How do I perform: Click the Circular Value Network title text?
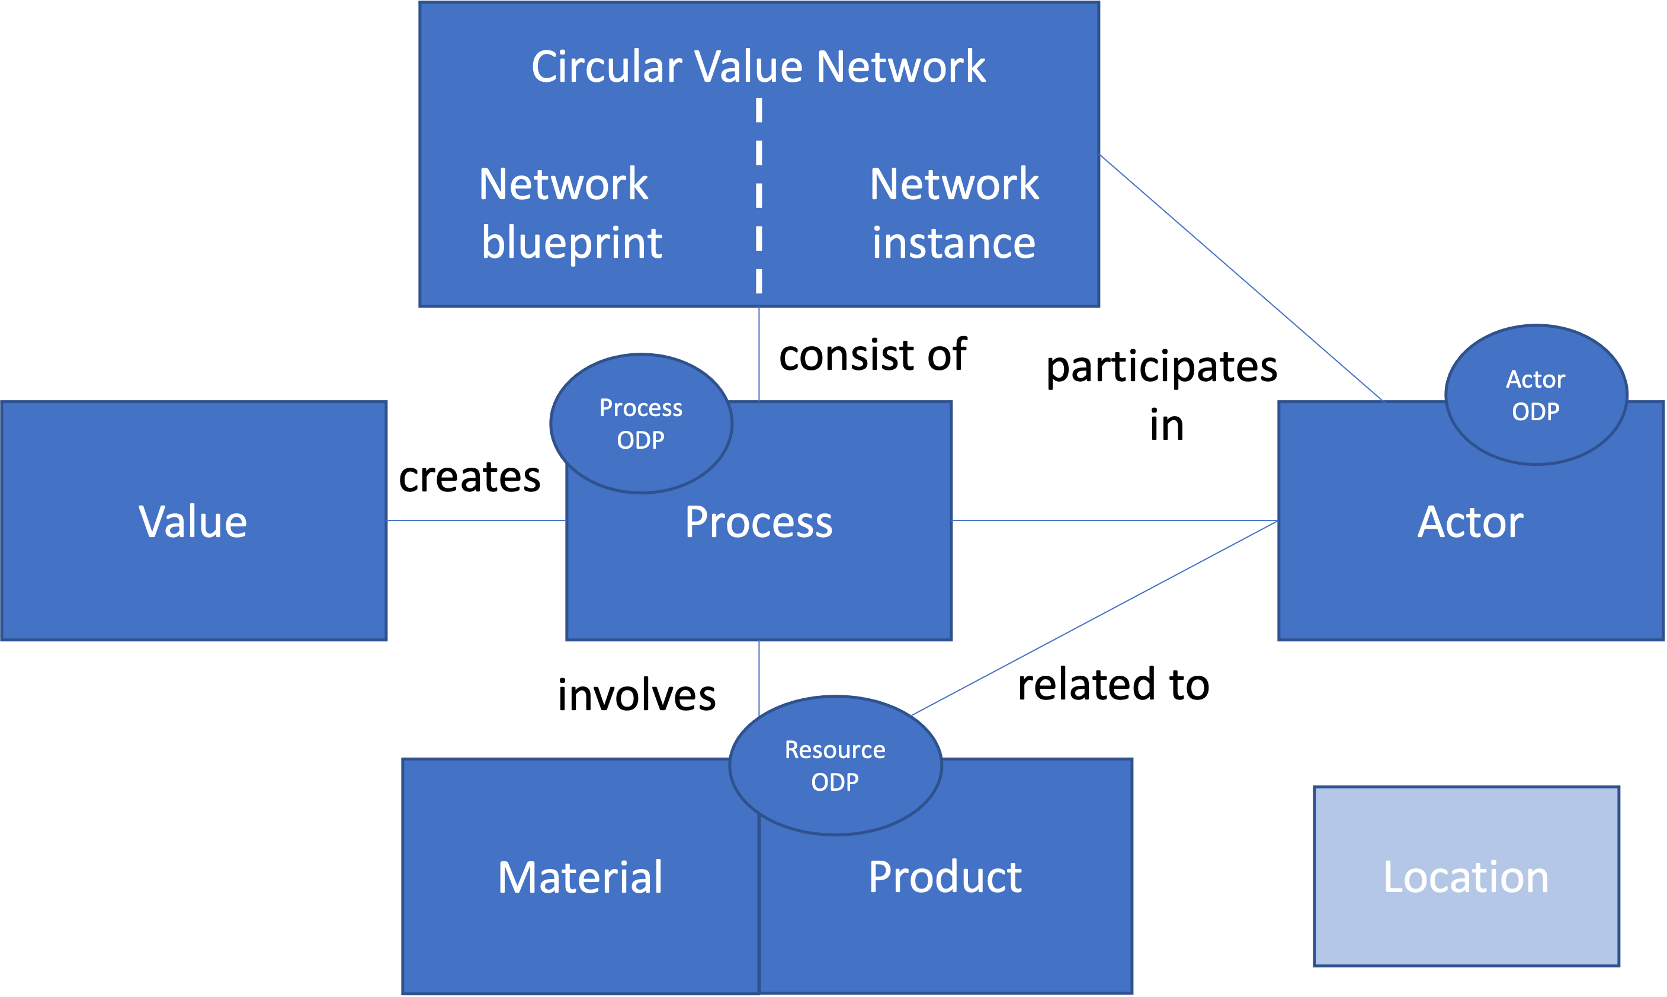[x=759, y=66]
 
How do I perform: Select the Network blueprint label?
[x=571, y=213]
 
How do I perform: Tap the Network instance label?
[x=954, y=213]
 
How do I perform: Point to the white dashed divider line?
[x=759, y=196]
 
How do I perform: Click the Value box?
[x=194, y=520]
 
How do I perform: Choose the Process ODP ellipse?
[x=641, y=423]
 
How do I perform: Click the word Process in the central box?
[x=759, y=522]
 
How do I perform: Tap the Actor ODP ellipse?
[x=1536, y=394]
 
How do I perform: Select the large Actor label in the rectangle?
[x=1470, y=522]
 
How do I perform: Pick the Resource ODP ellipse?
[x=835, y=765]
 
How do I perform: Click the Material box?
[x=581, y=877]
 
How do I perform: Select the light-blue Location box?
[x=1467, y=877]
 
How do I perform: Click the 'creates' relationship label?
[x=470, y=477]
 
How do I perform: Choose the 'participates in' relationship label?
[x=1162, y=396]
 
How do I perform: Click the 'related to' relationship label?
[x=1114, y=685]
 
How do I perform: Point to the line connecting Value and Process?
[x=477, y=520]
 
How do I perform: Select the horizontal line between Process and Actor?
[x=1115, y=520]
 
